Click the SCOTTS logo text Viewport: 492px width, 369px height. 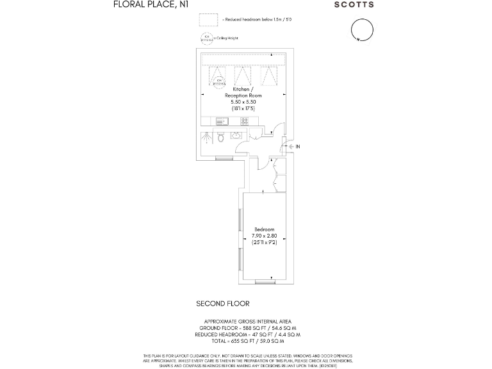354,4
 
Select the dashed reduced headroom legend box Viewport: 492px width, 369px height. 208,20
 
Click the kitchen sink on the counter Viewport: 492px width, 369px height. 222,121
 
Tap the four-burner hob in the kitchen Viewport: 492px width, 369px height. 244,121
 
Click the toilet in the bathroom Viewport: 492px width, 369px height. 220,136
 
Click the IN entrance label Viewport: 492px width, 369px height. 297,147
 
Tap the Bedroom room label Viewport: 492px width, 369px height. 264,229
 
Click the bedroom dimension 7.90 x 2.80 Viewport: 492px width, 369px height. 264,236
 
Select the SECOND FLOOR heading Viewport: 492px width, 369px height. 222,304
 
